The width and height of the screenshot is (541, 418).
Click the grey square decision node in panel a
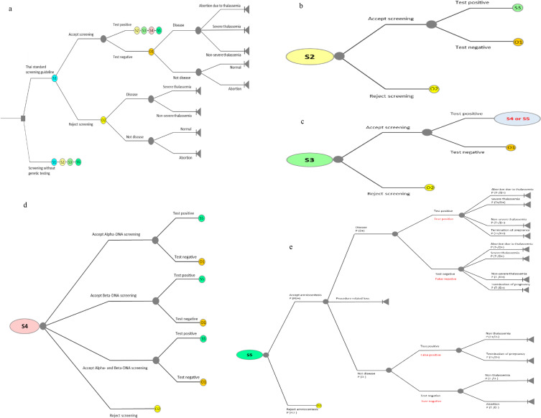pos(24,118)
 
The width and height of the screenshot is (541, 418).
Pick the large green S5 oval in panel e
pos(249,354)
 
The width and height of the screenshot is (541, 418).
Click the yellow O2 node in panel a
pos(103,119)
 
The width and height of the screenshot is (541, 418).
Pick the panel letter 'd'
pos(6,205)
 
